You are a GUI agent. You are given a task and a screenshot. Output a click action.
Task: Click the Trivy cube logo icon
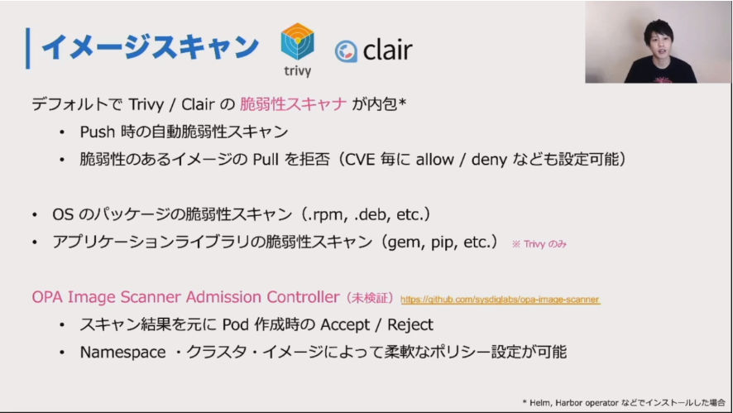[x=297, y=41]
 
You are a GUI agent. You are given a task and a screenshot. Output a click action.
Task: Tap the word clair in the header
[x=387, y=50]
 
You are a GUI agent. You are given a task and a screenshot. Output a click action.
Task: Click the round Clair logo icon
[x=346, y=51]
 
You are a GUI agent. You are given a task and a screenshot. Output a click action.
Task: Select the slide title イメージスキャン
[x=150, y=47]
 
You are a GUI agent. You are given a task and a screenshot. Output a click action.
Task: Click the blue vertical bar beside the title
[x=28, y=48]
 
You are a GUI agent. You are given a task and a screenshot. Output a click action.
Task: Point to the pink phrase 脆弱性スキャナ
[x=293, y=103]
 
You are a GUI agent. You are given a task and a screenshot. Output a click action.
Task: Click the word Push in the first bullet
[x=98, y=132]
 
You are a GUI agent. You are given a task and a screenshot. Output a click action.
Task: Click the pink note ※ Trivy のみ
[x=539, y=243]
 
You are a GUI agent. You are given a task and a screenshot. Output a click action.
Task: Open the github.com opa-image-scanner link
[x=501, y=300]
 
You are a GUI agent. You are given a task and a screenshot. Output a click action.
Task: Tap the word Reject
[x=410, y=324]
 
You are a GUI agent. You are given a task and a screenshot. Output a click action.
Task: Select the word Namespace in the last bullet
[x=123, y=353]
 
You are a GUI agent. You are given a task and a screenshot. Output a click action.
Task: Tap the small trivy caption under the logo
[x=297, y=71]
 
